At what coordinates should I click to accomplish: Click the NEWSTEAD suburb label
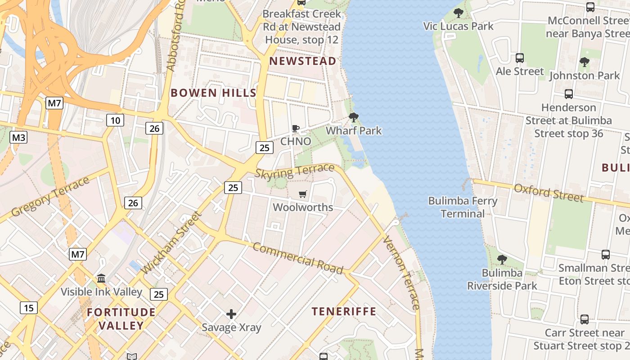302,61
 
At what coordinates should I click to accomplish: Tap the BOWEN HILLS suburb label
213,93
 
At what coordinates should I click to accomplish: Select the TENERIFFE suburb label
344,311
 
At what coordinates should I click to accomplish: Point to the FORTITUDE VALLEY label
121,319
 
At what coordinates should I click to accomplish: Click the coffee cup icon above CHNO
296,128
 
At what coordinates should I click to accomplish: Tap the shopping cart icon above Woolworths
303,194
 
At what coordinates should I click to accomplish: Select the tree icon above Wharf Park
354,118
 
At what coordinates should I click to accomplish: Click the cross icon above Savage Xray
231,314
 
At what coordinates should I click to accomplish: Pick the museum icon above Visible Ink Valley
101,279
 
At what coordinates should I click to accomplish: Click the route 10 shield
115,120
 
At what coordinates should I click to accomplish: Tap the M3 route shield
18,137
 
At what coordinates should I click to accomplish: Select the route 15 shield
29,308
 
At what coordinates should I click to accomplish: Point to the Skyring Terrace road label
295,171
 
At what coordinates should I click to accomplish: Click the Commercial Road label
298,258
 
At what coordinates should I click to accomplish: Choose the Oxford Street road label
549,193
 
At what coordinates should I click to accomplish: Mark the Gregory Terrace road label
50,197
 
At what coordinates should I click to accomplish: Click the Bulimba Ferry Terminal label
463,207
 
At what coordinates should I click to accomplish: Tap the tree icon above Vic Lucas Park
459,13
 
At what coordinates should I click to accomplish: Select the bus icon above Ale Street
520,58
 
